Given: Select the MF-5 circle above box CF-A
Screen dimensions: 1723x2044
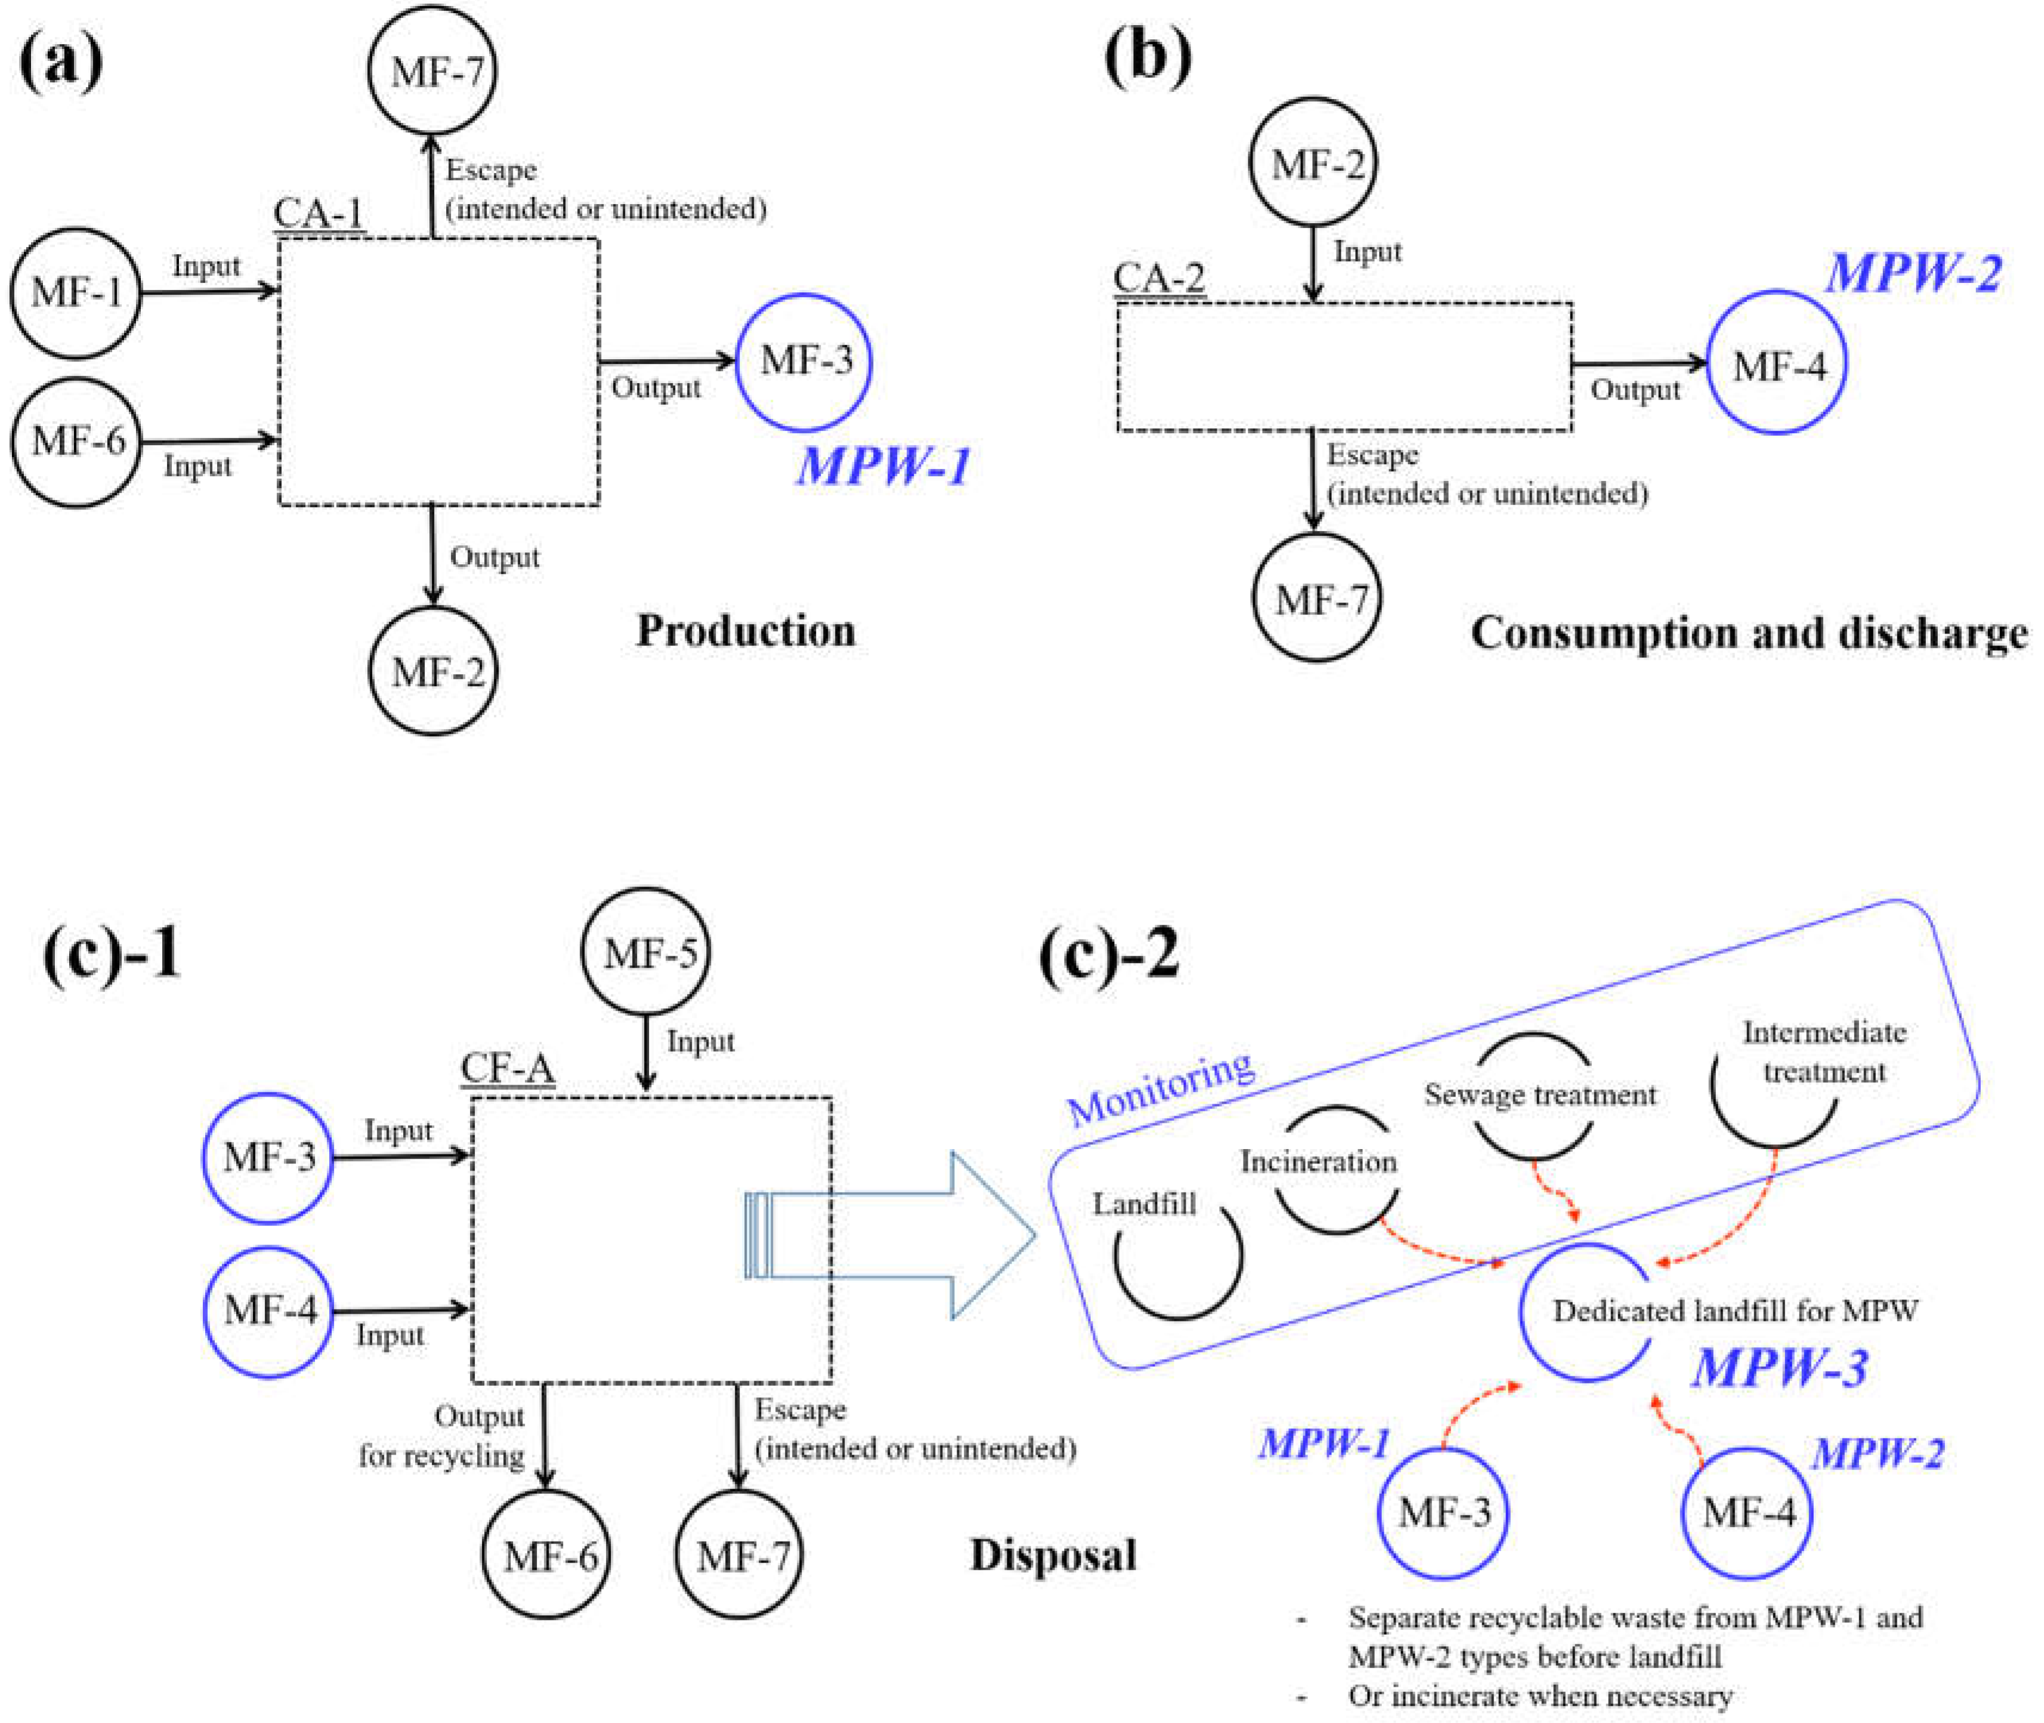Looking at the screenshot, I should tap(645, 952).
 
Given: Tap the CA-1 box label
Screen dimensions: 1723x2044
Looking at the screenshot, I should tap(318, 213).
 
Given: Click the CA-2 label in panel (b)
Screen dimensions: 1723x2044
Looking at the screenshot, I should tap(1159, 277).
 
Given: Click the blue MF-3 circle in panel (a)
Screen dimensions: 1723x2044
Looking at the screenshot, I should tap(804, 362).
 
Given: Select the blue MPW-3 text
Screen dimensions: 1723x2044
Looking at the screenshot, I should tap(1779, 1367).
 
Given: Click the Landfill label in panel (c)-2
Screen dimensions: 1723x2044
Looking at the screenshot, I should tap(1143, 1203).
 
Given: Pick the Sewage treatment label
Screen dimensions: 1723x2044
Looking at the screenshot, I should tap(1540, 1095).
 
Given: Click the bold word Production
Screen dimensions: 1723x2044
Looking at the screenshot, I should tap(746, 631).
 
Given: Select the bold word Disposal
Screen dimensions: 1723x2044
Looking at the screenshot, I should tap(1053, 1555).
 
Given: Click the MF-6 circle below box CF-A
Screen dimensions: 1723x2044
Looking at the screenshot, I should tap(548, 1555).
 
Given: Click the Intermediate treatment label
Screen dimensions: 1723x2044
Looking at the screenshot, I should tap(1823, 1052).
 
